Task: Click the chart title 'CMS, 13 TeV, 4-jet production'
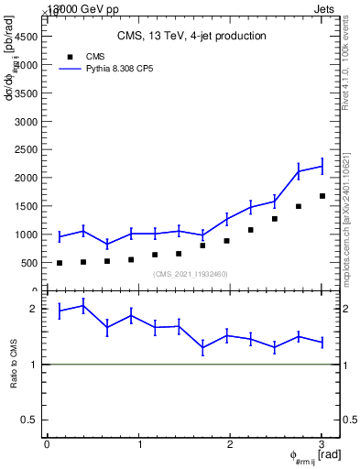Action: pyautogui.click(x=191, y=37)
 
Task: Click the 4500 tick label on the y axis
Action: pyautogui.click(x=26, y=36)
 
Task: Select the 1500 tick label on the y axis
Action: pyautogui.click(x=26, y=206)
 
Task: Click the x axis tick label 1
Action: pyautogui.click(x=139, y=444)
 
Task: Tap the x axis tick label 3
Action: pyautogui.click(x=322, y=444)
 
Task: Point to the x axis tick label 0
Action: pyautogui.click(x=47, y=444)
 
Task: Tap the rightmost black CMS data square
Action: pyautogui.click(x=322, y=196)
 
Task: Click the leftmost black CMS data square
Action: pyautogui.click(x=60, y=263)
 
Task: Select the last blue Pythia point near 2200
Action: pyautogui.click(x=322, y=166)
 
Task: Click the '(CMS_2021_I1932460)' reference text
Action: pyautogui.click(x=190, y=274)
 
